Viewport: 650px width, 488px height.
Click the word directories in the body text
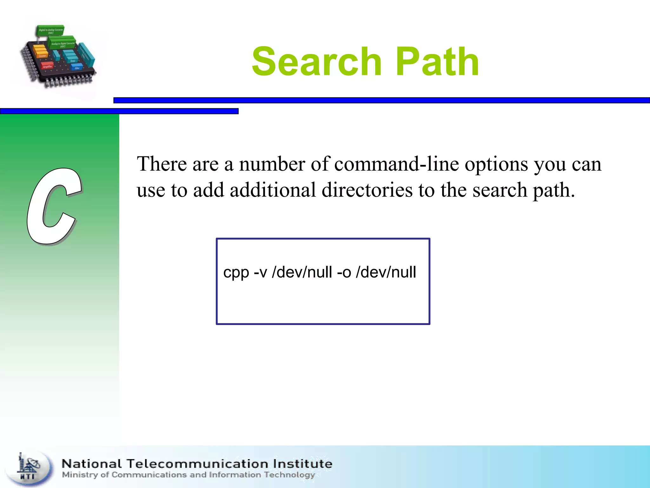point(367,190)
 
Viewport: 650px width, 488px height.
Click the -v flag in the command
point(260,273)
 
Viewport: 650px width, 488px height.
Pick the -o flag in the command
point(344,273)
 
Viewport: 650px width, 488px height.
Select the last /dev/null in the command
point(386,273)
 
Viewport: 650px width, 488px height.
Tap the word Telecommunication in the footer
point(197,464)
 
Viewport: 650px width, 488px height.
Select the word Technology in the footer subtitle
point(289,475)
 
